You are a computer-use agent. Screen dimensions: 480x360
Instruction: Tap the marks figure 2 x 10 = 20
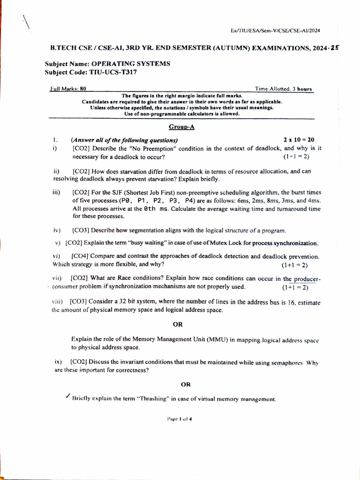point(299,140)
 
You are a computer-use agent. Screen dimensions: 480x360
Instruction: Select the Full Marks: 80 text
point(68,88)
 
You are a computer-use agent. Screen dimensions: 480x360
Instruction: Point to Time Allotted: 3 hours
point(284,88)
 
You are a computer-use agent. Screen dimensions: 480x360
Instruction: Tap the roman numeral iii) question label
point(57,192)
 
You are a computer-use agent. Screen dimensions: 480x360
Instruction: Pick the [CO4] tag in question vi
point(80,256)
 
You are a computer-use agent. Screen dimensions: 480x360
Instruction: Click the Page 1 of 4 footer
point(180,419)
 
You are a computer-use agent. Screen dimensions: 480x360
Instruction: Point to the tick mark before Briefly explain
point(68,397)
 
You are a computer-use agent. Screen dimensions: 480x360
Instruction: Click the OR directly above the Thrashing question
point(186,384)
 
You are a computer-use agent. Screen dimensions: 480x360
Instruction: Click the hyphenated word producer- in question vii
point(305,278)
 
